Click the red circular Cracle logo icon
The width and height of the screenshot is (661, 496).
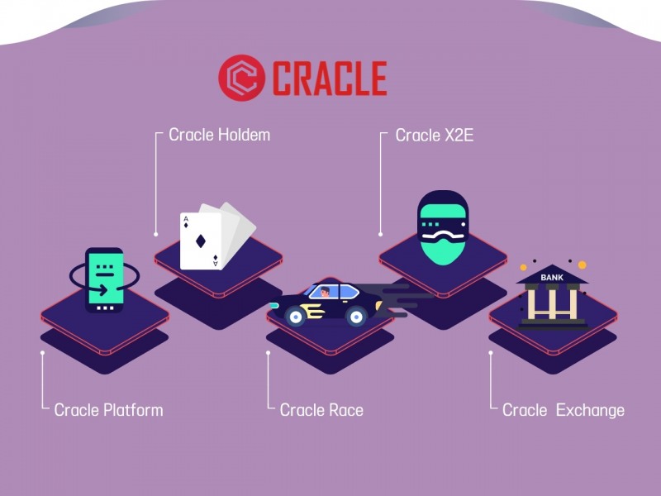point(240,79)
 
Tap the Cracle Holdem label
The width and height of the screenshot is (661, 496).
point(219,134)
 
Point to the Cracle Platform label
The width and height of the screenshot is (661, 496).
point(108,409)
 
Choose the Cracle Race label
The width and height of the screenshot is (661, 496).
point(321,409)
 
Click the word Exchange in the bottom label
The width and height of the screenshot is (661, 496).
point(590,409)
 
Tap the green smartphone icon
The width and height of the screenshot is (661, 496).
point(105,279)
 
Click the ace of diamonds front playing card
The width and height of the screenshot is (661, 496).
point(201,241)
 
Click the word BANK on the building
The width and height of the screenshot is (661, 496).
point(552,278)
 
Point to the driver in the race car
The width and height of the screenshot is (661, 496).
point(324,293)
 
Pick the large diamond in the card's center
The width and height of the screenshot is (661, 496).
point(201,241)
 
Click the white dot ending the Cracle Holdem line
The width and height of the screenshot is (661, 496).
point(155,235)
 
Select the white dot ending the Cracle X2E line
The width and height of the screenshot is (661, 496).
point(380,235)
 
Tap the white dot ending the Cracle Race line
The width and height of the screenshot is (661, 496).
point(268,352)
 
